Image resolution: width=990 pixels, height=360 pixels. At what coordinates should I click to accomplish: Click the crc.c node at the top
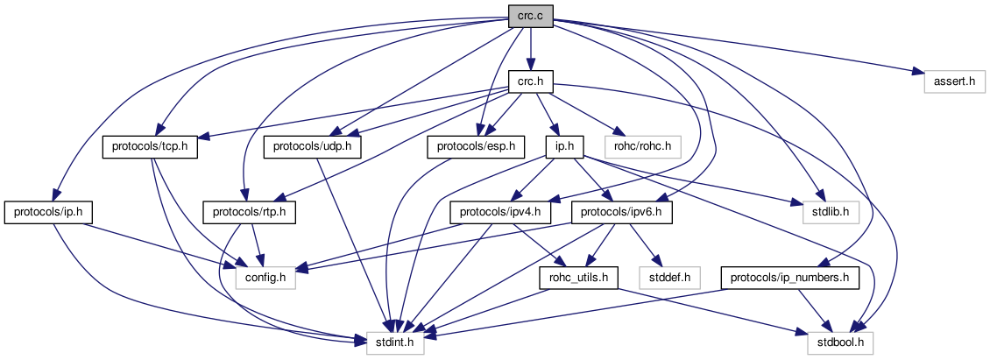click(x=531, y=15)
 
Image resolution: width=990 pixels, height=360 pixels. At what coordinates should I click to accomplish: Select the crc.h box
click(x=531, y=81)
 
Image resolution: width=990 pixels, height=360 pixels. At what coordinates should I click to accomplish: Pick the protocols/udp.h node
click(x=314, y=146)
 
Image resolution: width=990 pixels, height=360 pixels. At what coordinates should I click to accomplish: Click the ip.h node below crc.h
click(x=559, y=146)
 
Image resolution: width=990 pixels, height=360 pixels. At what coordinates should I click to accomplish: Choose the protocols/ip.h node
click(x=49, y=212)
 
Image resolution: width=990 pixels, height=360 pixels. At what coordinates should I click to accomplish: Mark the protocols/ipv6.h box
click(x=622, y=212)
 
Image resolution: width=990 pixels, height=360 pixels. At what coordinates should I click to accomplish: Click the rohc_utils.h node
click(x=579, y=278)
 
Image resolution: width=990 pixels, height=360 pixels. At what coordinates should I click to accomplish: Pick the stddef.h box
click(x=670, y=278)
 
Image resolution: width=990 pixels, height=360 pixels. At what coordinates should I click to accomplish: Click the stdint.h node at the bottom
click(x=395, y=343)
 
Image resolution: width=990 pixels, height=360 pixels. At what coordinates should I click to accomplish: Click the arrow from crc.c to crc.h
click(x=531, y=48)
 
